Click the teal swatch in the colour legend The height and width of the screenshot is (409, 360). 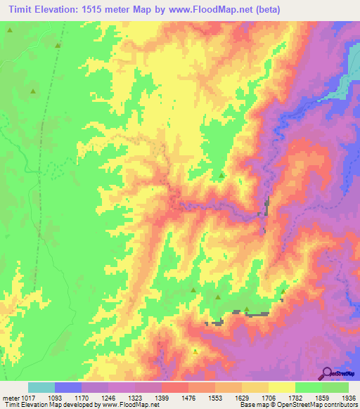pos(41,387)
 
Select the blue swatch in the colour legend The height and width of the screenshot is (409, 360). pos(68,387)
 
